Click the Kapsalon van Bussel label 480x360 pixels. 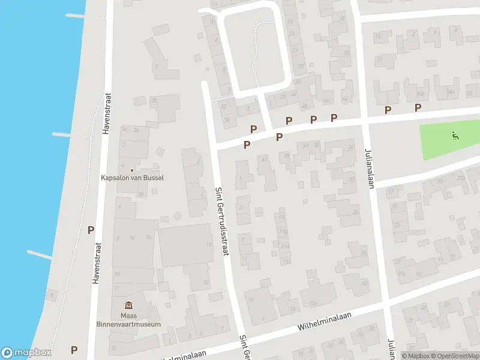(x=132, y=178)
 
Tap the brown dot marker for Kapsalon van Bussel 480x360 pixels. (x=132, y=169)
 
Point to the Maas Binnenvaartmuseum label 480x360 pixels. (x=133, y=320)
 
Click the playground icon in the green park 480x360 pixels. (x=455, y=136)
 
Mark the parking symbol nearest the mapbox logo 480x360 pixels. (x=74, y=350)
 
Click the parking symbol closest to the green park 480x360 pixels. (x=418, y=107)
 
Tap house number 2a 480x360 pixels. (x=136, y=129)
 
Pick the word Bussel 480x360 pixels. (x=153, y=178)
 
